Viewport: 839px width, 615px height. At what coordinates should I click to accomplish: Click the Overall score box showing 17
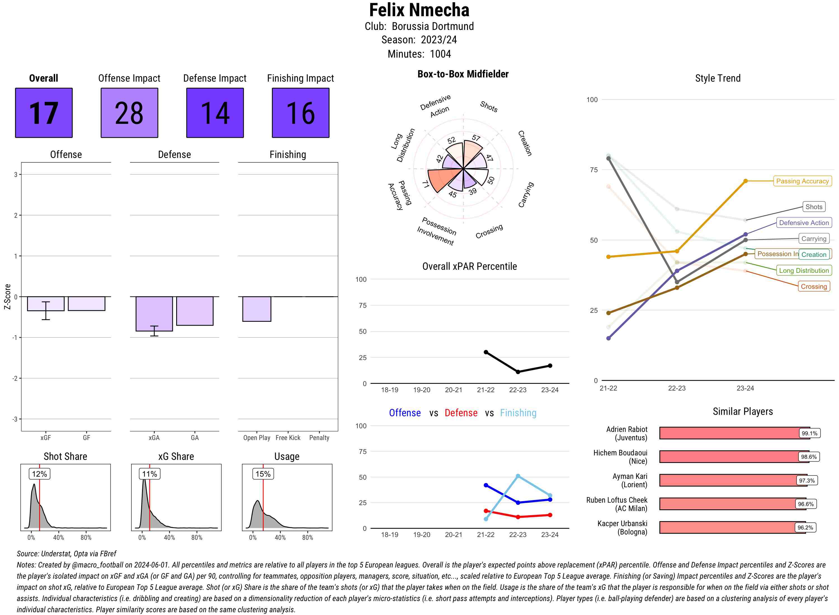pos(44,113)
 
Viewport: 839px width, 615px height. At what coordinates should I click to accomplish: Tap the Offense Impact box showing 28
pos(129,113)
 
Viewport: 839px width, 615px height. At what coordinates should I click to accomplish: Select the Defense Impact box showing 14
pos(215,113)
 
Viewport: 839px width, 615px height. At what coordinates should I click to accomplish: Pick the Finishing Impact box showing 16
pos(301,113)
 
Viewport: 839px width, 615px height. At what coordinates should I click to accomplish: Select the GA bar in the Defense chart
pos(195,311)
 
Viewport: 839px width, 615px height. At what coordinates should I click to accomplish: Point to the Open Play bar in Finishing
pos(256,309)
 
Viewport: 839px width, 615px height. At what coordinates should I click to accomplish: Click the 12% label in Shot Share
pos(39,474)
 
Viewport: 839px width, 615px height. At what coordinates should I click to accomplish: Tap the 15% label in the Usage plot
pos(263,474)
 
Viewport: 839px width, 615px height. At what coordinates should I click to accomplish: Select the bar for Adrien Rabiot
pos(730,433)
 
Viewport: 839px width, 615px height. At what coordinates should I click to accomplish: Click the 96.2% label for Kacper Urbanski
pos(805,528)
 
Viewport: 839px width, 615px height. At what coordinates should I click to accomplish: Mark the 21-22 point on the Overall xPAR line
pos(486,352)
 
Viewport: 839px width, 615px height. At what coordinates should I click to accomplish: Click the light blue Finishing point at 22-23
pos(518,476)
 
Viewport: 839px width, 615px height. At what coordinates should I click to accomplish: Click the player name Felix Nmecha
pos(419,10)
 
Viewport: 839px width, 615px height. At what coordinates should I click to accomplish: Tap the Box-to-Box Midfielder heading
pos(463,74)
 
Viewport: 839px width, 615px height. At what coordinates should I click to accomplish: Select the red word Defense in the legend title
pos(461,413)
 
